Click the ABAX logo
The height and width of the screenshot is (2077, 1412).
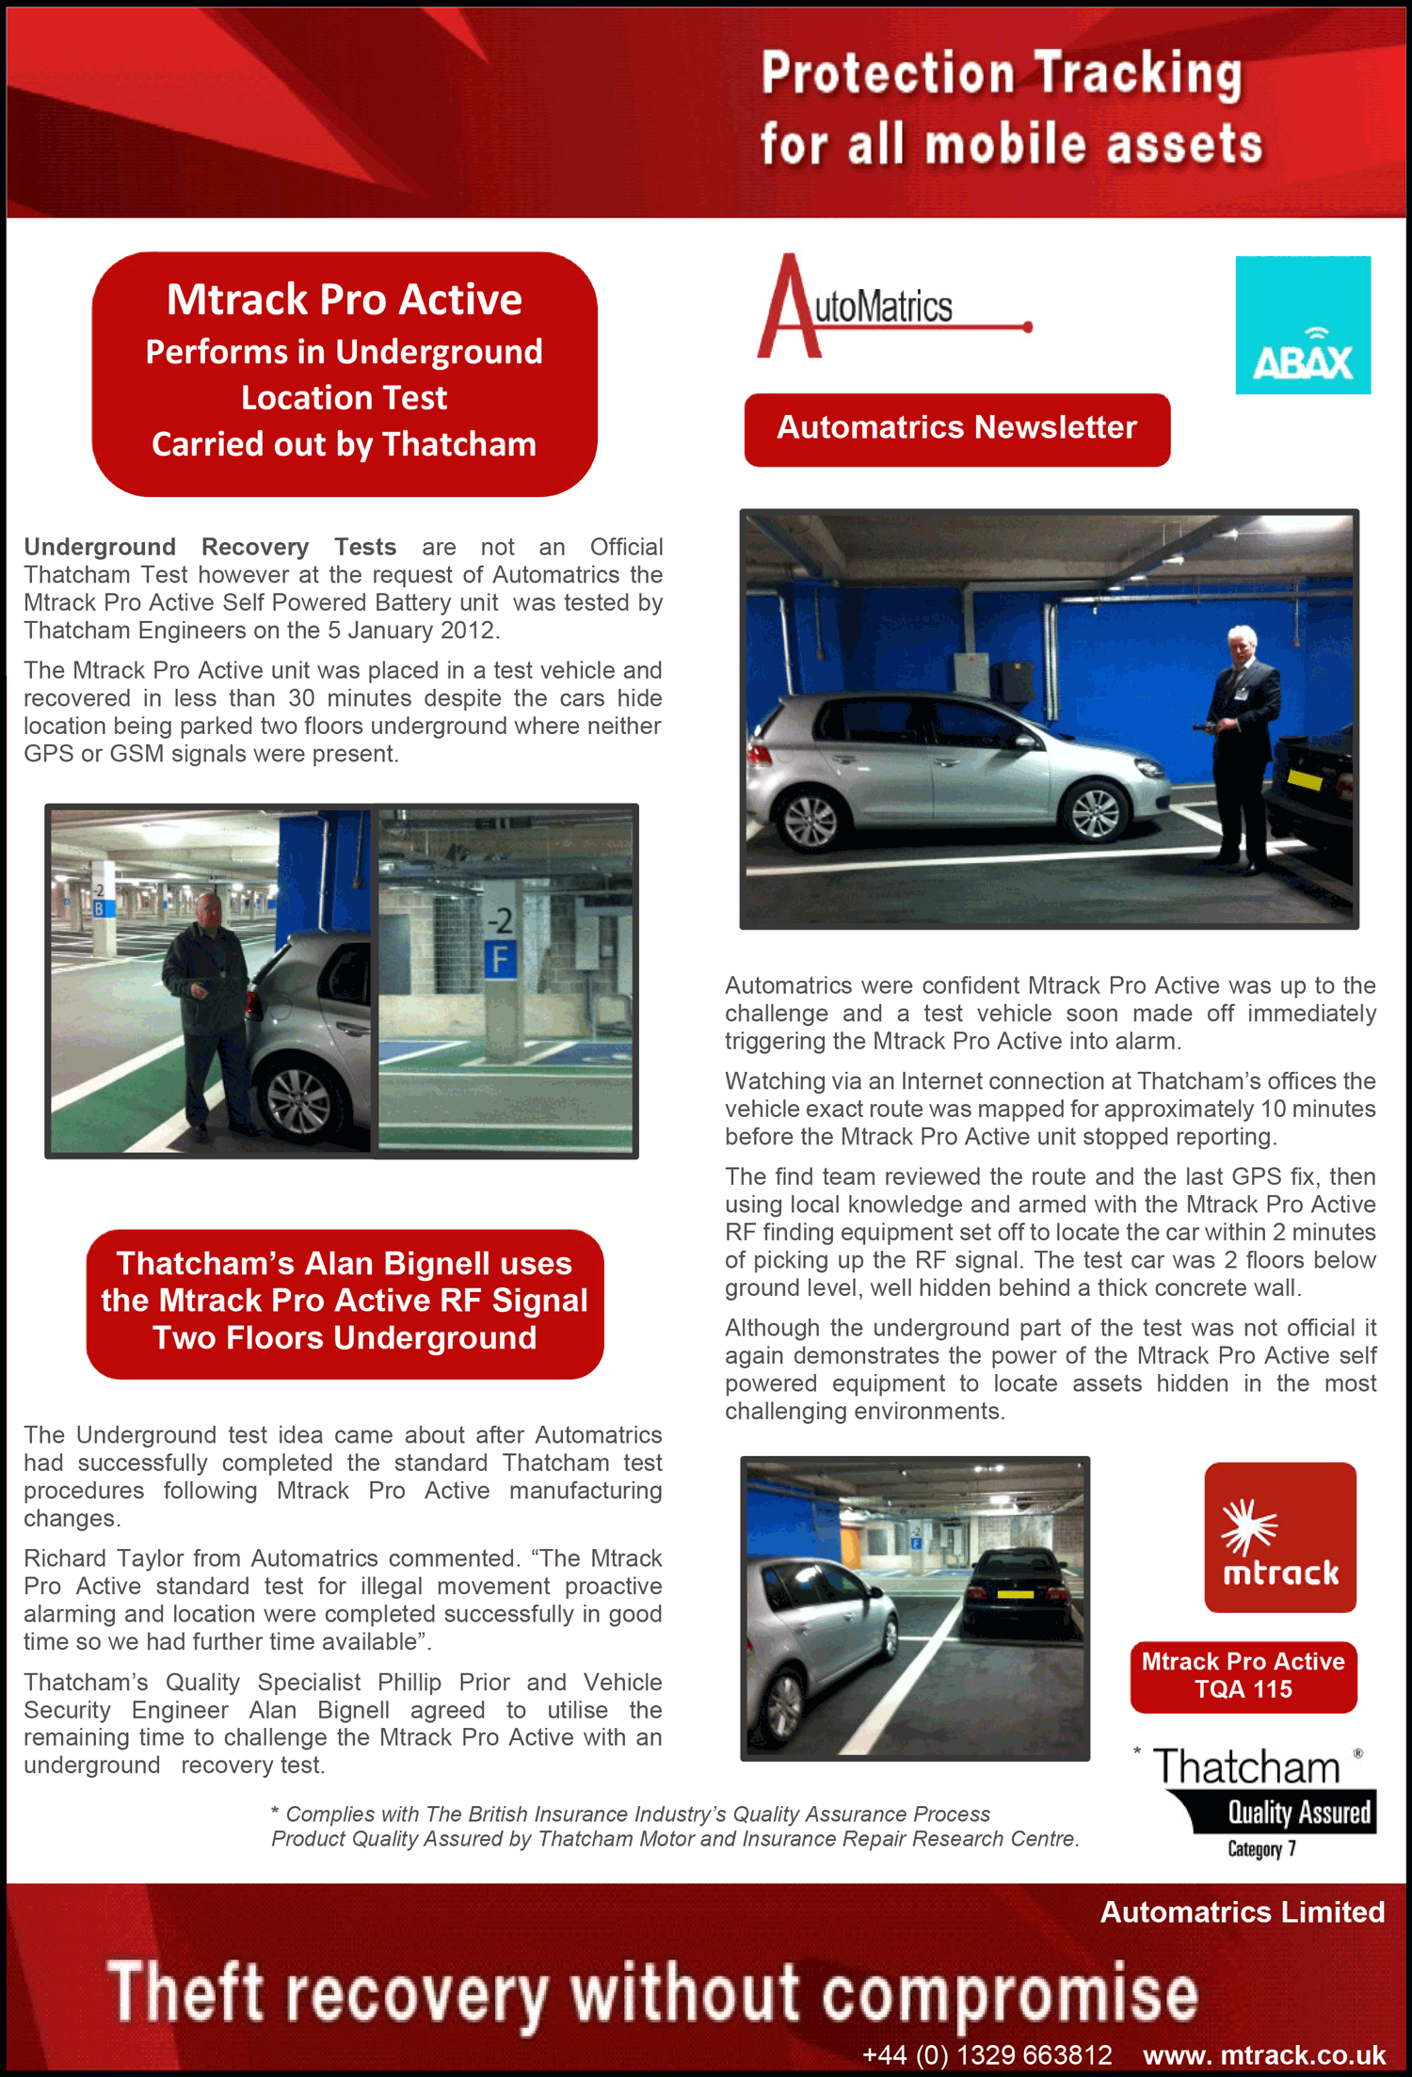point(1303,326)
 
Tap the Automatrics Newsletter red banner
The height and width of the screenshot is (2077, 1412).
point(956,429)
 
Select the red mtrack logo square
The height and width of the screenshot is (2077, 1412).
point(1280,1537)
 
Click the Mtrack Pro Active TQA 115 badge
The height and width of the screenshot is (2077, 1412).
point(1243,1676)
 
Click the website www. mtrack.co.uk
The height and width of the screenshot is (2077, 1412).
point(1264,2054)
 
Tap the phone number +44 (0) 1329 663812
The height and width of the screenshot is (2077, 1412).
point(987,2054)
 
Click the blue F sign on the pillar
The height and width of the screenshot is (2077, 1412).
point(500,960)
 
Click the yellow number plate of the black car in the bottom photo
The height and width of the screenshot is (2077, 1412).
point(1015,1594)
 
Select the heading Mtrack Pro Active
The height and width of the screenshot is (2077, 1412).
point(345,300)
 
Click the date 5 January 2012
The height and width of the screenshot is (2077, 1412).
point(411,631)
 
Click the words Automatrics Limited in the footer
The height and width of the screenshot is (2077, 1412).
point(1242,1912)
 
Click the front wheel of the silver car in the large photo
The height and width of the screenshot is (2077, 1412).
point(1095,811)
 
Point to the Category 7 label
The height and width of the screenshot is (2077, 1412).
point(1261,1849)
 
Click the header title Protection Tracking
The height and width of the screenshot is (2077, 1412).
point(1002,73)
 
